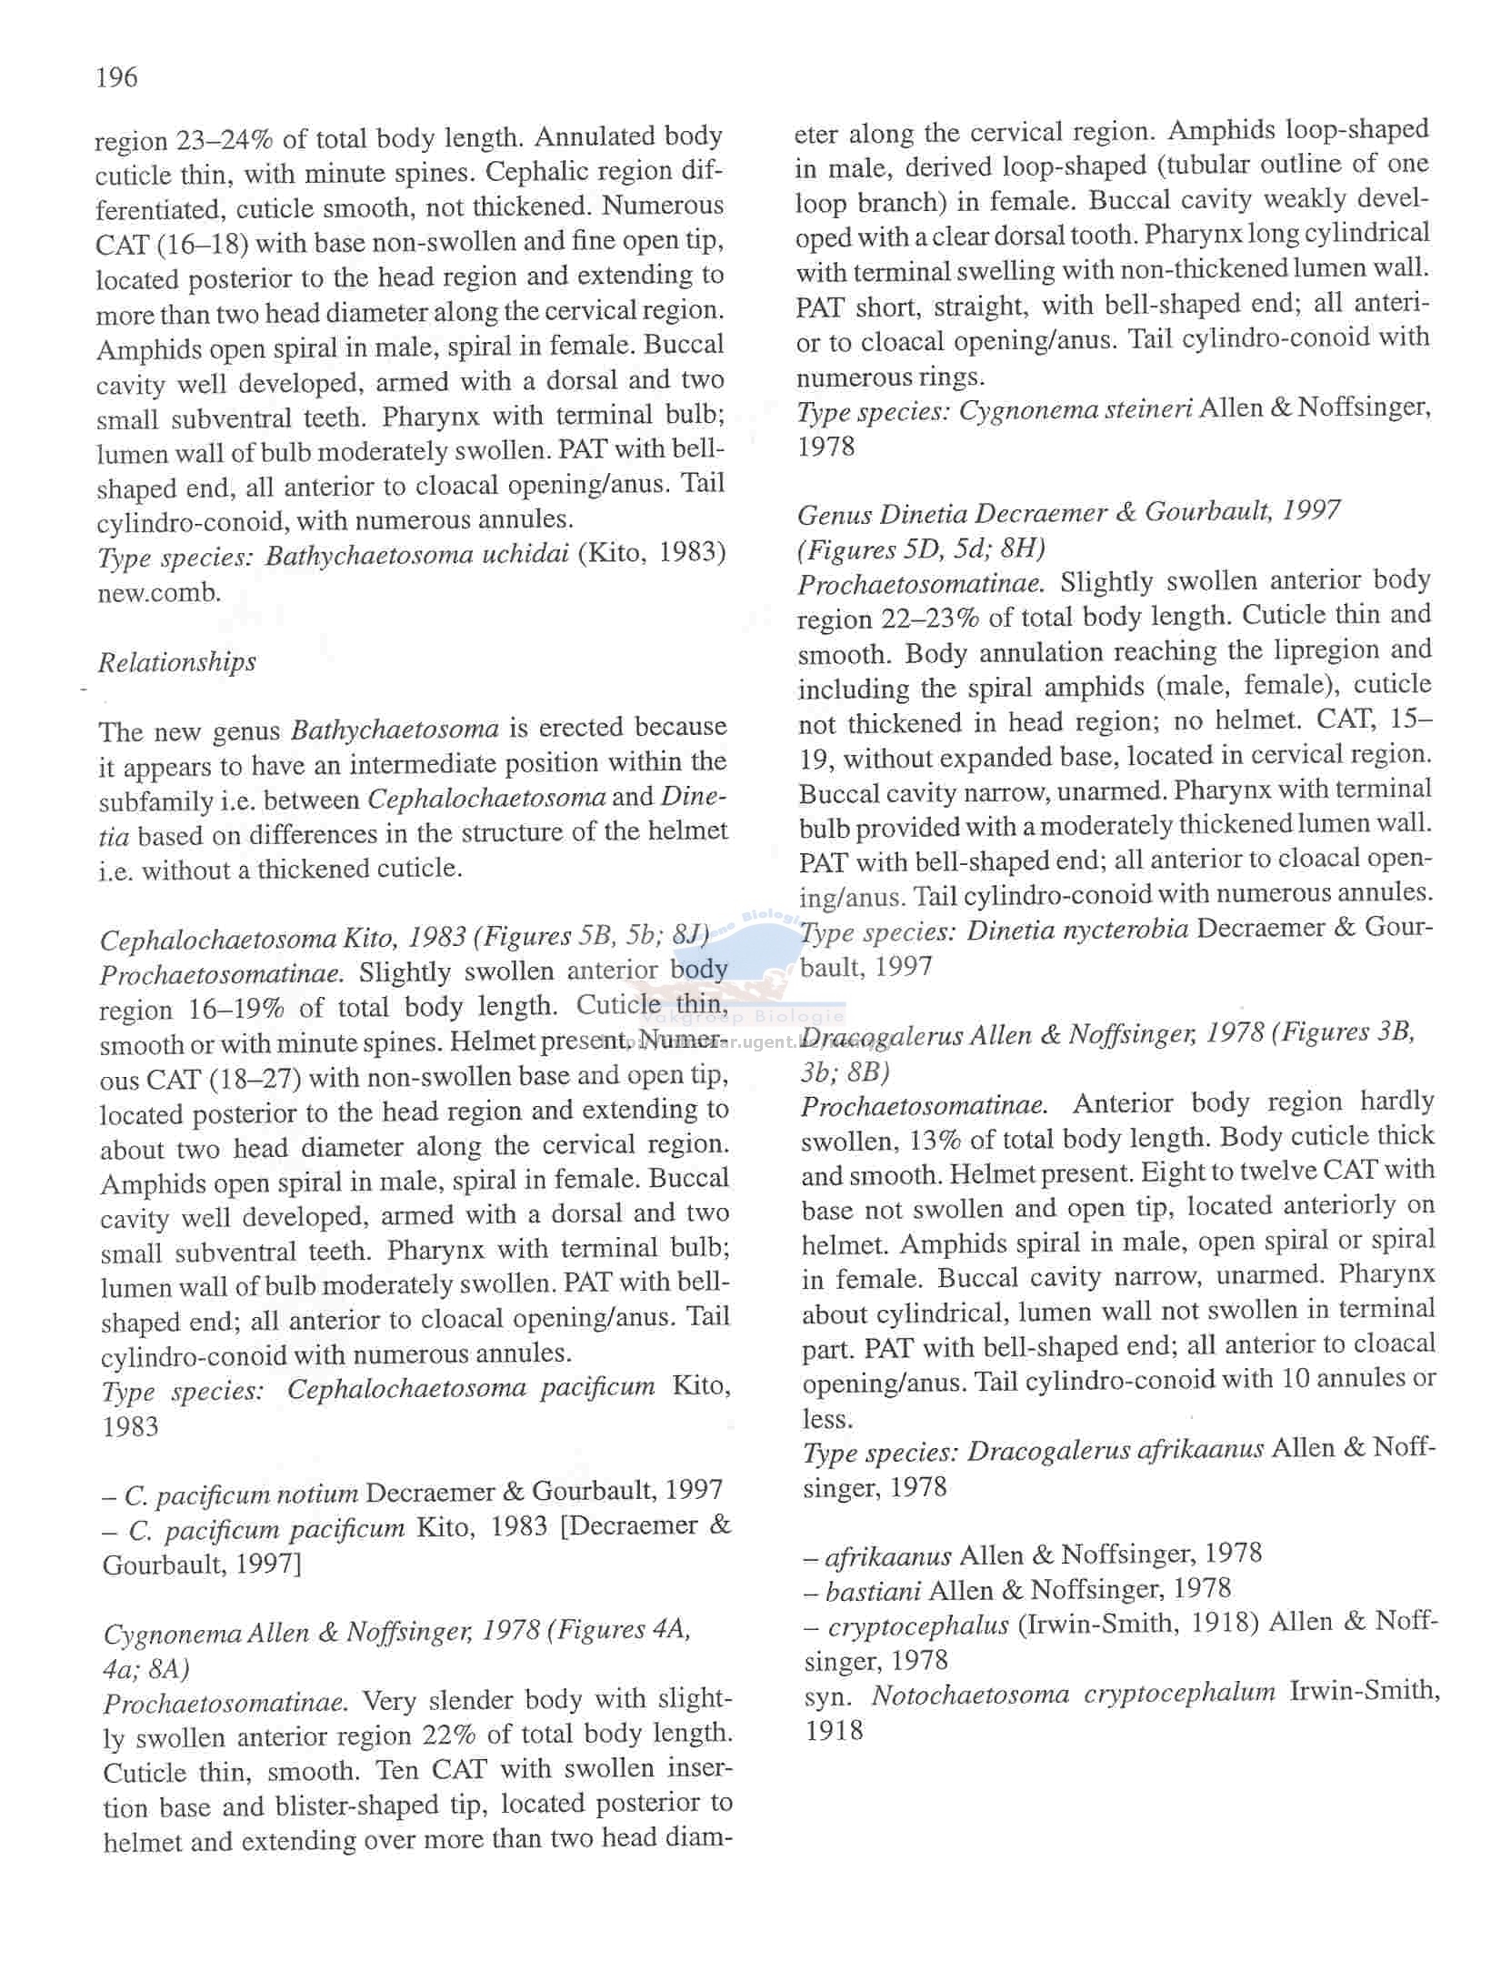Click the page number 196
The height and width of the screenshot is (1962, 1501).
point(116,78)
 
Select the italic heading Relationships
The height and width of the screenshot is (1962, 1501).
point(176,662)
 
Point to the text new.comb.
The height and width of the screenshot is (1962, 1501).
point(160,593)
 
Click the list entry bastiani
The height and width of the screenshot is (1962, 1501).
point(873,1590)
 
